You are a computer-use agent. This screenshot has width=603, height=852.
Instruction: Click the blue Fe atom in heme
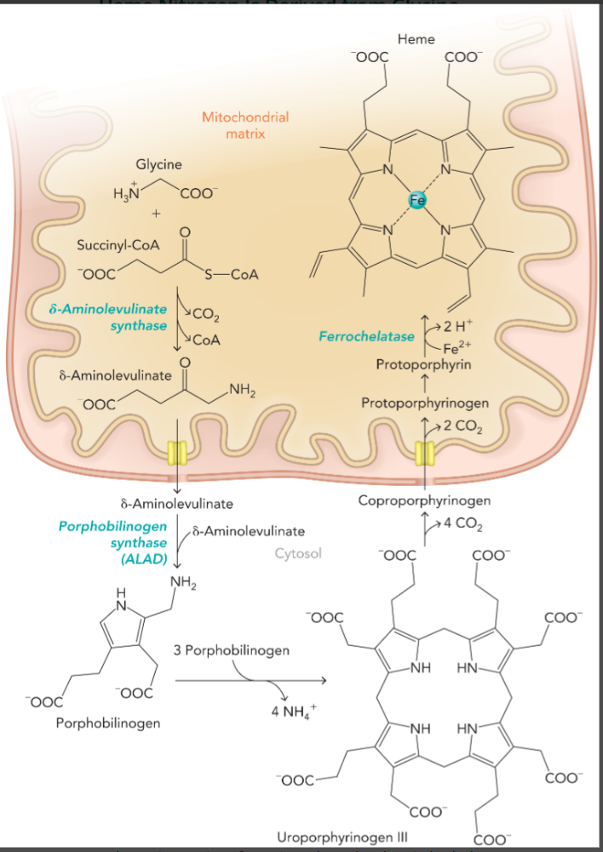[417, 201]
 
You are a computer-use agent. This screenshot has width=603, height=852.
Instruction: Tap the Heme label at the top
[416, 39]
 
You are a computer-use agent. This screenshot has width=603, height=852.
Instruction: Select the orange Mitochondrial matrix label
[245, 125]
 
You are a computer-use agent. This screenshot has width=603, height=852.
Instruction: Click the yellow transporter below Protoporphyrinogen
[425, 452]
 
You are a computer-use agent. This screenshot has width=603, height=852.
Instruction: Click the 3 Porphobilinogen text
[231, 650]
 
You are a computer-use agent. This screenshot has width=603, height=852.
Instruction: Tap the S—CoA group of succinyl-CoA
[231, 275]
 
